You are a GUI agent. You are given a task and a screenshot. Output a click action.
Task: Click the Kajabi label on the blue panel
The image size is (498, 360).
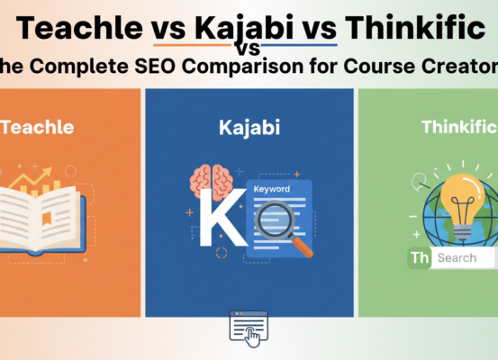pyautogui.click(x=249, y=128)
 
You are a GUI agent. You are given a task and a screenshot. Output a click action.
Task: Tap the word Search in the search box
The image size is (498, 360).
pyautogui.click(x=457, y=257)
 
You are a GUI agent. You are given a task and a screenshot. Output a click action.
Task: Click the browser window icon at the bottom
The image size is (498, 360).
pyautogui.click(x=249, y=328)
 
